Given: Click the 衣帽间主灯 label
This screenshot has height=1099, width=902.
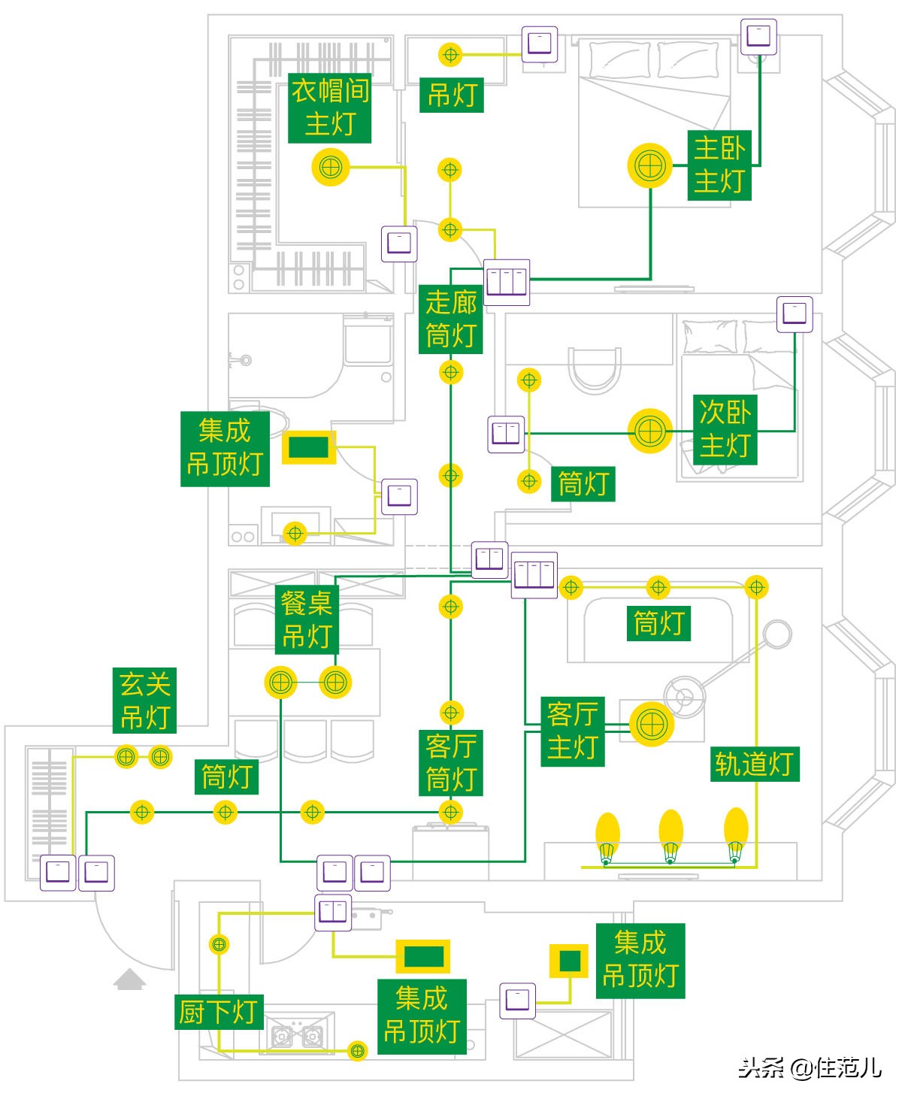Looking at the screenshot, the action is click(329, 107).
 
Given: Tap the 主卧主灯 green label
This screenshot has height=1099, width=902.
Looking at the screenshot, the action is click(719, 165).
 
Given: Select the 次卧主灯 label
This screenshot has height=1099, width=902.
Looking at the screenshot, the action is click(725, 429).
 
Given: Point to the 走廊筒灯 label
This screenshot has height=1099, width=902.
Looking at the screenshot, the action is click(451, 319).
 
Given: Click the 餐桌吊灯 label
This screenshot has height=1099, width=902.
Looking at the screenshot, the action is click(307, 619).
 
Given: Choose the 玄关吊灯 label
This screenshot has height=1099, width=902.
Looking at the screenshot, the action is click(144, 701).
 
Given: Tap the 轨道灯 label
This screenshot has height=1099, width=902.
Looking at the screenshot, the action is click(755, 764).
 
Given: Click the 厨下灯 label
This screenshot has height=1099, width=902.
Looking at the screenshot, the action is click(219, 1012).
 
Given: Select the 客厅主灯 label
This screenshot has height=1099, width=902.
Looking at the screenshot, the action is click(573, 731).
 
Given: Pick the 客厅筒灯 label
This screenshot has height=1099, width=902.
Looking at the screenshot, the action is click(451, 763).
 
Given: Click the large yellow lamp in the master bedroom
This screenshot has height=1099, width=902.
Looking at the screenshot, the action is click(649, 165).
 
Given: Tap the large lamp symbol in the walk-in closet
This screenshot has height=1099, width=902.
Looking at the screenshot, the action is click(331, 168).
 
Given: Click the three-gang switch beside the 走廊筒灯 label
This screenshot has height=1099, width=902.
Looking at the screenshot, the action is click(507, 283).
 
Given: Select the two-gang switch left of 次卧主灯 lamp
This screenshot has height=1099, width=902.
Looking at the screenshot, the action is click(505, 434).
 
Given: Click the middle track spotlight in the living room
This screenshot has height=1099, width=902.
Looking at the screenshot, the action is click(670, 836).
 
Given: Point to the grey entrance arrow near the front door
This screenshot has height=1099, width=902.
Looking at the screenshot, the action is click(130, 979).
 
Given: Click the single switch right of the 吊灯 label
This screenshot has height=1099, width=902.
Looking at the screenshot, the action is click(540, 44).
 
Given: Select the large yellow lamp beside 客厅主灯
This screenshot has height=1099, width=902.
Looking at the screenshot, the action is click(652, 725).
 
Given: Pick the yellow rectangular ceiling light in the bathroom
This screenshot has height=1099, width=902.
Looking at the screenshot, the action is click(309, 447).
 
